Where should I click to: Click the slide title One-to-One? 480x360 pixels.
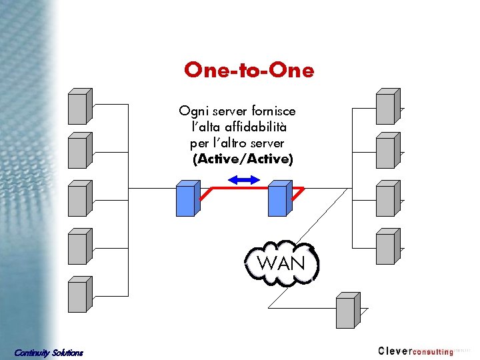(249, 70)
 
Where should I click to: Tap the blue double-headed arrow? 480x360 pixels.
(242, 179)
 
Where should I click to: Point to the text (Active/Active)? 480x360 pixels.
(242, 159)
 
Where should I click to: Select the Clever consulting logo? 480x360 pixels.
(415, 351)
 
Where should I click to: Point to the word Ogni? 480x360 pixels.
(192, 111)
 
